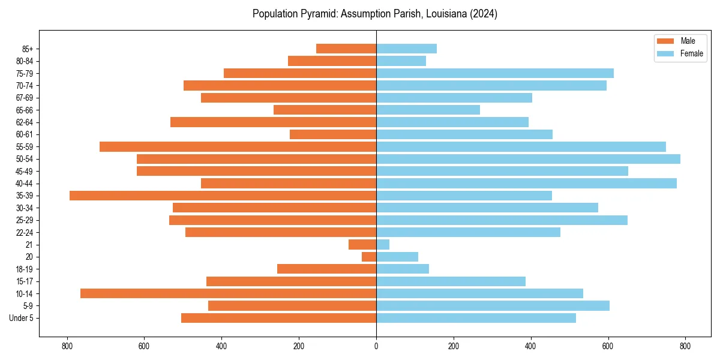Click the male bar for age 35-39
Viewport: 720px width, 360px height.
(x=223, y=196)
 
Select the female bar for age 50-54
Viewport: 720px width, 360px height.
(x=528, y=159)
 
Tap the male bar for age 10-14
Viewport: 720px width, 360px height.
(x=228, y=293)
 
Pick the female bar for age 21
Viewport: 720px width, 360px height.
(x=383, y=245)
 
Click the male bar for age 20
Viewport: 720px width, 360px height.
(x=369, y=257)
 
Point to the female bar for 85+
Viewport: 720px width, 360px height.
(x=406, y=49)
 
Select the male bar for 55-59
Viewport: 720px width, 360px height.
(x=238, y=146)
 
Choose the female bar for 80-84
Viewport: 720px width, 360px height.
(x=401, y=61)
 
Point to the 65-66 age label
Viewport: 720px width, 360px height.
(x=25, y=110)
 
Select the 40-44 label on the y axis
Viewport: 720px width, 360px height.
(x=25, y=184)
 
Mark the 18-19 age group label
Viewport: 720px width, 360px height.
(x=25, y=269)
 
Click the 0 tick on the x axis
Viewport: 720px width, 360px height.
(x=376, y=346)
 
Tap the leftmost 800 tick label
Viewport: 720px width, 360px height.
(x=67, y=346)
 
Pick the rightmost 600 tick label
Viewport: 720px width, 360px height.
(x=608, y=346)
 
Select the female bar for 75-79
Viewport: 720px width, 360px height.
(x=495, y=73)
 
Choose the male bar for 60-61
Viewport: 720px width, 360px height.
(x=333, y=134)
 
